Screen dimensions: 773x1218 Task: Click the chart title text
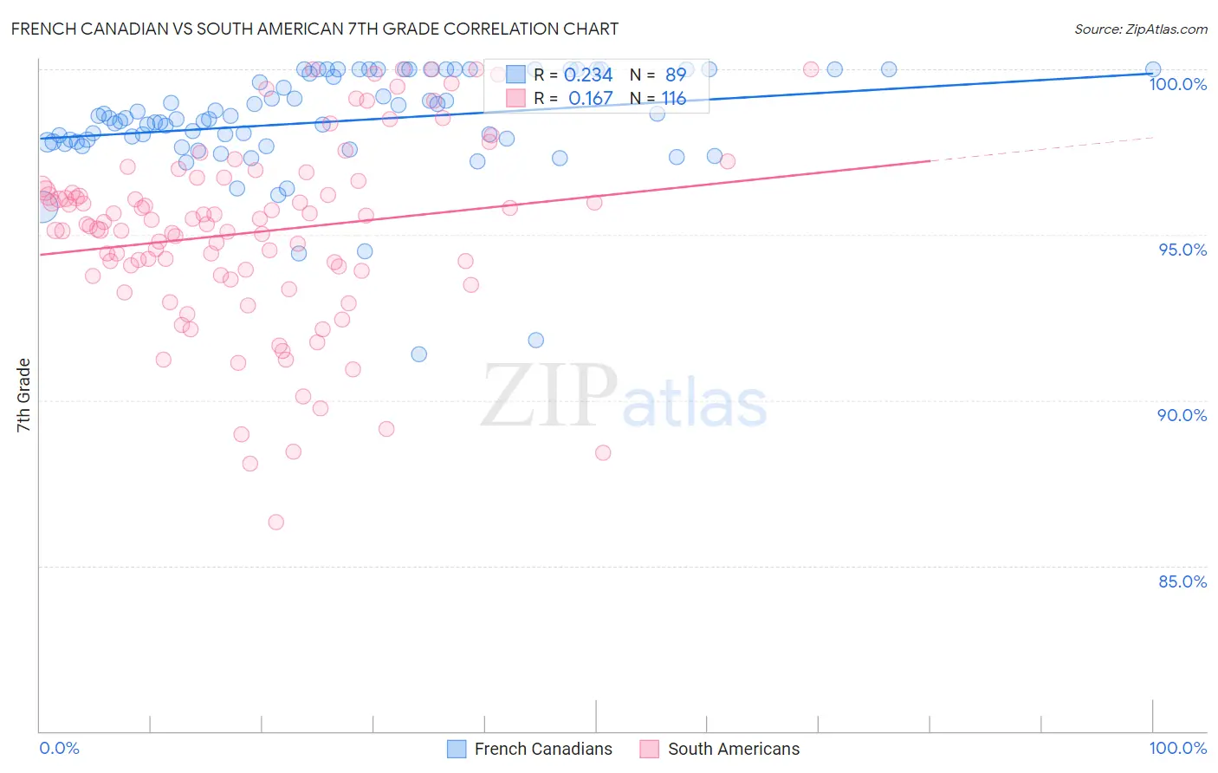coord(314,29)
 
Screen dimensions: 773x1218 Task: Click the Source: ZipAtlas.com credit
coord(1140,29)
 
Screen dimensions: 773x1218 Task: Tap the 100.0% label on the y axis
coord(1177,84)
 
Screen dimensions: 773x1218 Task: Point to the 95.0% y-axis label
coord(1182,250)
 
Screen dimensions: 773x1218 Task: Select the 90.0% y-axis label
coord(1182,415)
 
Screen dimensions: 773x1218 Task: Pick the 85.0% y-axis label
coord(1182,581)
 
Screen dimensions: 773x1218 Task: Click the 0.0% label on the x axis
coord(59,748)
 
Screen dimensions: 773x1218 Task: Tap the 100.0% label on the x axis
coord(1177,748)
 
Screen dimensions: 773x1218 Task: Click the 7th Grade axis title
coord(23,395)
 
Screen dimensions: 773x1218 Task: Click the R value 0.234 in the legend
coord(588,75)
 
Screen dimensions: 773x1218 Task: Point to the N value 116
coord(673,99)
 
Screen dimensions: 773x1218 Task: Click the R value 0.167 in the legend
coord(590,99)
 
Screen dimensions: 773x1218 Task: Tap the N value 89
coord(676,75)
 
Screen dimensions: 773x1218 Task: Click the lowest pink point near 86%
coord(276,522)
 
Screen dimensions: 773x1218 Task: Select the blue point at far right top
coord(1153,69)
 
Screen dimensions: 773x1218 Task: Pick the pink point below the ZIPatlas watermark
coord(603,452)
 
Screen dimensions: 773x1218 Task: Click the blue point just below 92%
coord(536,340)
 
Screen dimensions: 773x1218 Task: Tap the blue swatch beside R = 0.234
coord(515,75)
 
